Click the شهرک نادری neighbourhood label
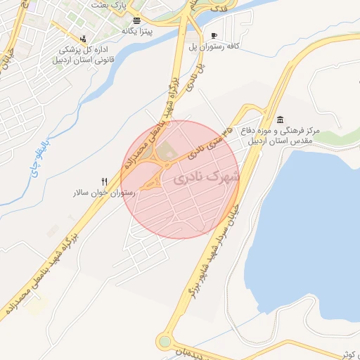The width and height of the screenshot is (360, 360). click(206, 178)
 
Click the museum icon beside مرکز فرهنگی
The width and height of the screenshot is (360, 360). click(281, 119)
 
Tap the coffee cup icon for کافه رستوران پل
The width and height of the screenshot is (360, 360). click(214, 35)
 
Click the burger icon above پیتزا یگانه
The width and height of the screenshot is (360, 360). click(136, 20)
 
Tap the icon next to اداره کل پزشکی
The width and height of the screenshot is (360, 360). click(84, 39)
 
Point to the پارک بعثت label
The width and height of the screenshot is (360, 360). click(108, 4)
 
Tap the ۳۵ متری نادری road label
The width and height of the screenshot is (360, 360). click(210, 141)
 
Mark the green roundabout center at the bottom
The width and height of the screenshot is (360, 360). click(165, 342)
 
